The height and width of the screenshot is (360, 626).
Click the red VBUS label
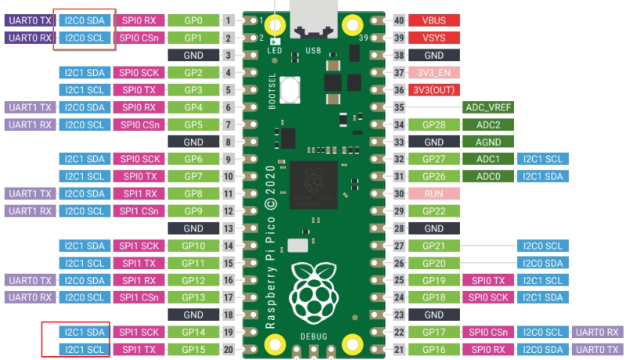434,20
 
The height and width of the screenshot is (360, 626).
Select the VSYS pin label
434,38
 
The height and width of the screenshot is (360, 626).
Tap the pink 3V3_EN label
434,73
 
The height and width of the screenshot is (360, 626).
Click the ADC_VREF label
488,107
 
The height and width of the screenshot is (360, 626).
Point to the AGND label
488,142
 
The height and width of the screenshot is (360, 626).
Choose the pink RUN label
434,194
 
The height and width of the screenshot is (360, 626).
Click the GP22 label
434,211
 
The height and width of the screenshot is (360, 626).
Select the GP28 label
434,125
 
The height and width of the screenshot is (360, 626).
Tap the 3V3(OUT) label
434,90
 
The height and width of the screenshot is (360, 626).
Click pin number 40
399,20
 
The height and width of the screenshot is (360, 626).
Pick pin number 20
228,350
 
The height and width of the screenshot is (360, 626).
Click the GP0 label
193,20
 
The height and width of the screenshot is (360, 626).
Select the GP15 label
193,350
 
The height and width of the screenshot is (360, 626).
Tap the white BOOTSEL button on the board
290,90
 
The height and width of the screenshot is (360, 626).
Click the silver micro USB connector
314,19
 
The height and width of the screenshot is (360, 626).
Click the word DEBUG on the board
314,337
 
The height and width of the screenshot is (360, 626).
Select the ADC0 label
488,176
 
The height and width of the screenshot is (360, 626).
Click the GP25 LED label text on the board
275,51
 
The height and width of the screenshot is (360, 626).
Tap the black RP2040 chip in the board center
314,185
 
